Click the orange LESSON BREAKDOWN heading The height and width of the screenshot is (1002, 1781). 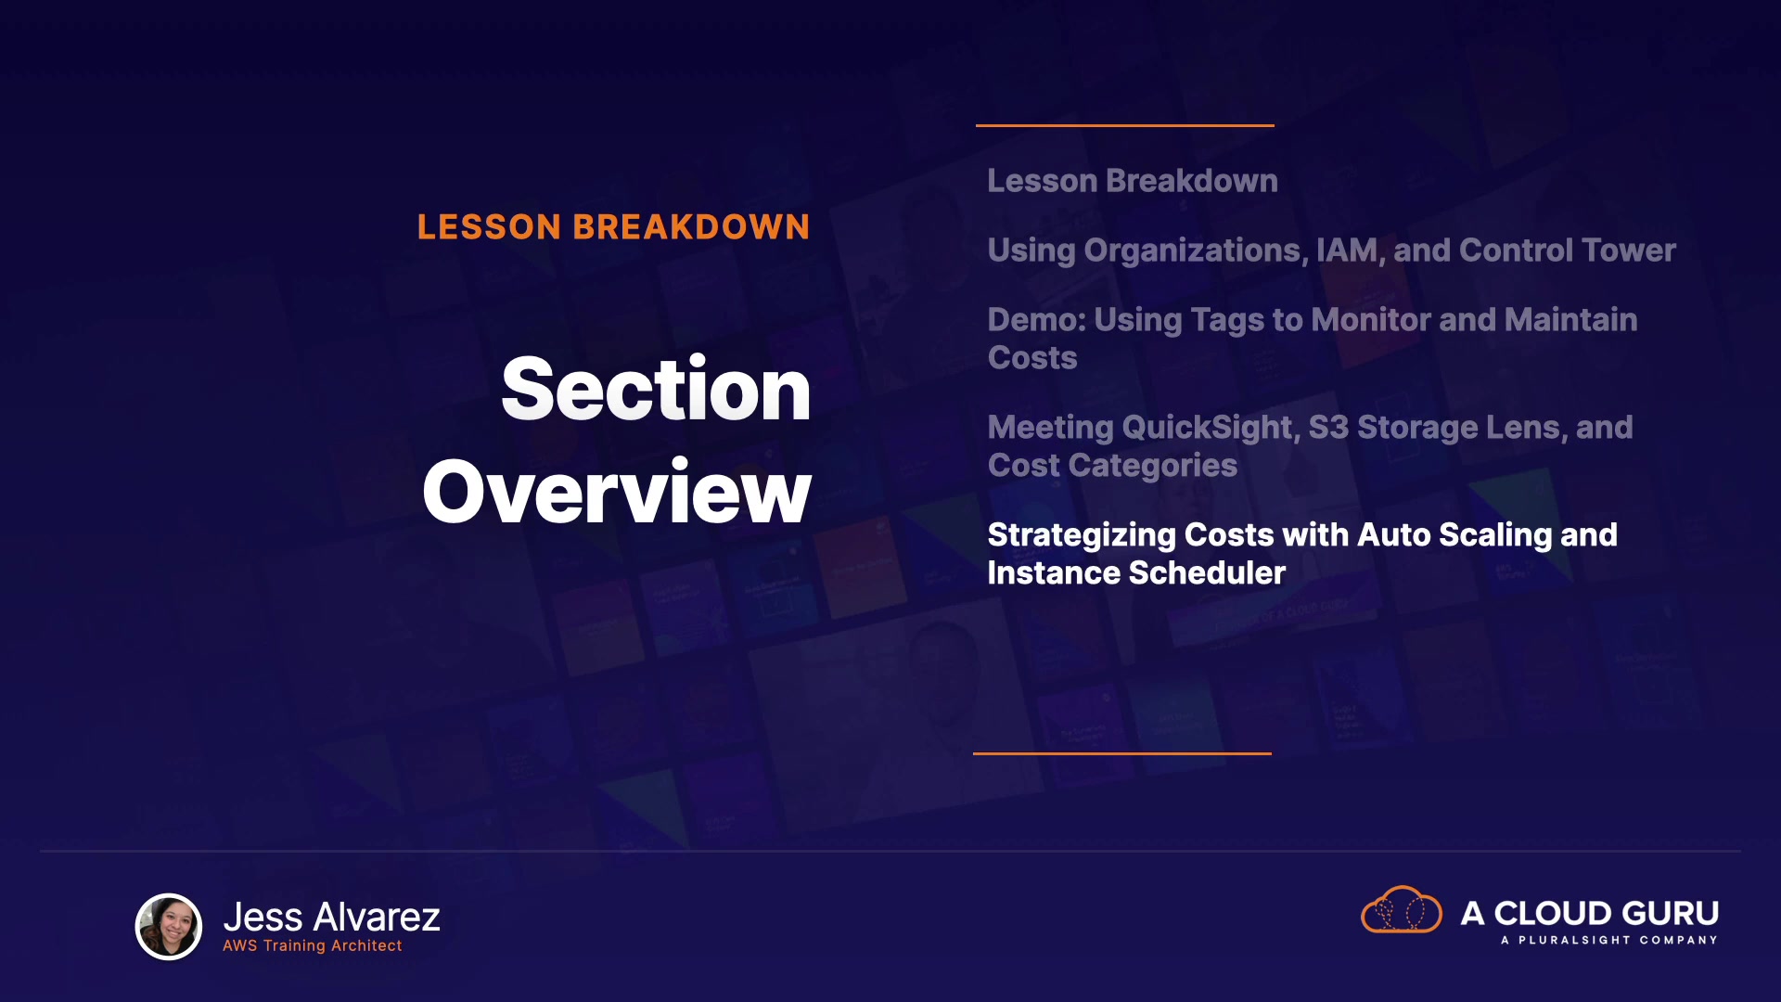click(613, 227)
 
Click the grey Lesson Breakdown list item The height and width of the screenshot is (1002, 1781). click(1133, 181)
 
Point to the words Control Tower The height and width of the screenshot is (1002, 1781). click(1567, 250)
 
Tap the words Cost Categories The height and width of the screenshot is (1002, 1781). click(1112, 466)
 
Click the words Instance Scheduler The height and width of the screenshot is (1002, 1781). click(1136, 573)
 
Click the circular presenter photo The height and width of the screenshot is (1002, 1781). click(169, 926)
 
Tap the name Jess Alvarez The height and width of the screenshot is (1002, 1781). click(331, 917)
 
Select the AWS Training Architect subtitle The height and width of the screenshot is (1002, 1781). click(313, 945)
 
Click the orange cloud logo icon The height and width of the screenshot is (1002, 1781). click(1401, 910)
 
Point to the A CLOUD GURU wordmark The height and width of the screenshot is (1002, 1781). click(1589, 913)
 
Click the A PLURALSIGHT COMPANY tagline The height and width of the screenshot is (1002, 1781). click(1609, 940)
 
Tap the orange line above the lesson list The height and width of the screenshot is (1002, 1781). click(1125, 125)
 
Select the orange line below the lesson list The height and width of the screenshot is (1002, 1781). click(1122, 753)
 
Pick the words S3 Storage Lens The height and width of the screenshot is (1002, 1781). click(1437, 428)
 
